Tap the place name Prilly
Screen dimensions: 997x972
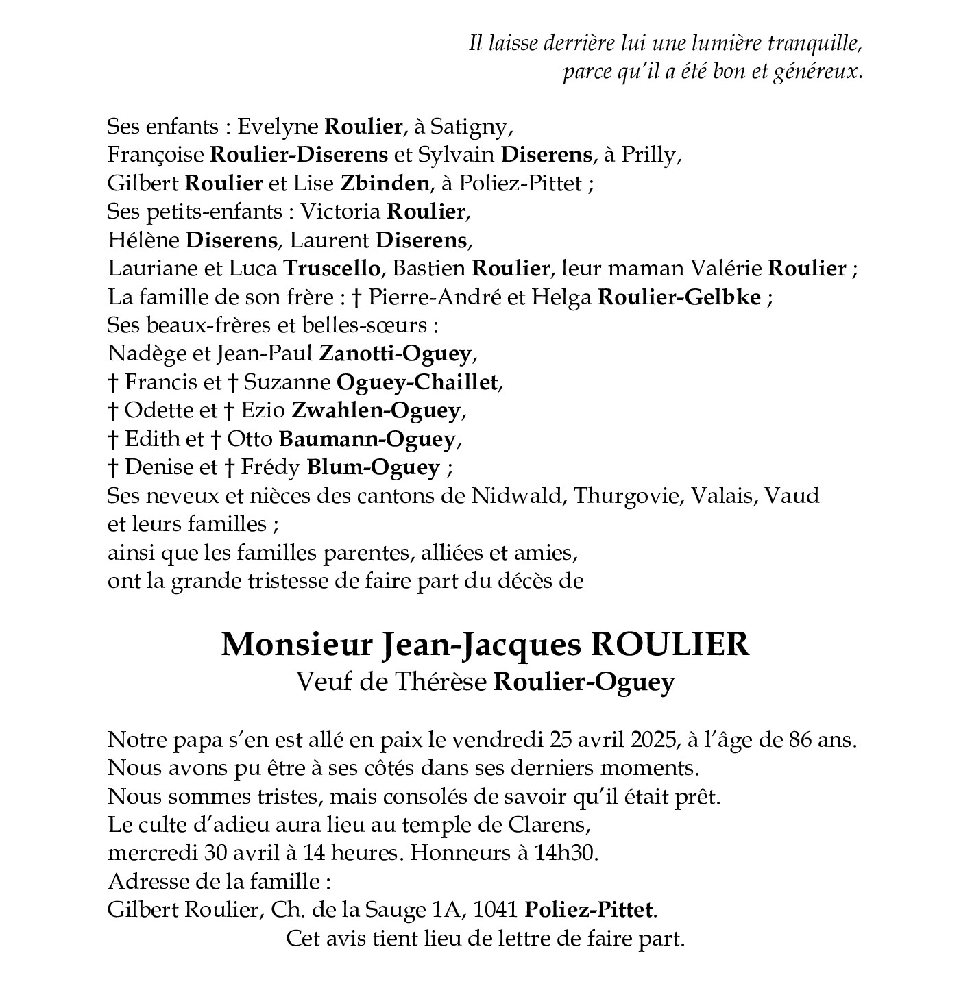(648, 156)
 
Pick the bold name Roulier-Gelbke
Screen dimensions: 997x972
(679, 297)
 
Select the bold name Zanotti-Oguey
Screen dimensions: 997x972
(396, 354)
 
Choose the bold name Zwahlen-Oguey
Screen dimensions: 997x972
(376, 410)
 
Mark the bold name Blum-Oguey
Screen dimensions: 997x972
(373, 467)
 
